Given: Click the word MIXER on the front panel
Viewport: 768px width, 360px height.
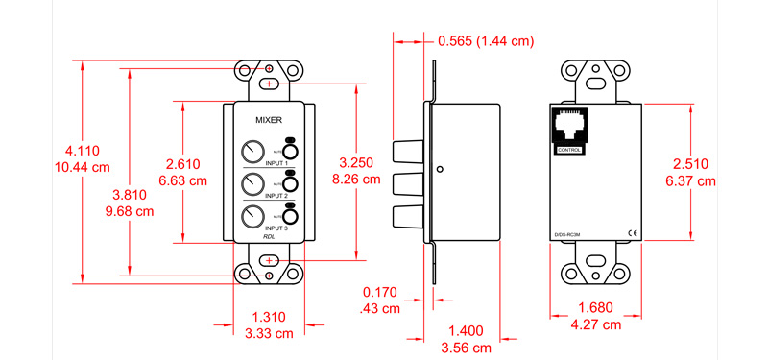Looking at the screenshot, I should point(269,120).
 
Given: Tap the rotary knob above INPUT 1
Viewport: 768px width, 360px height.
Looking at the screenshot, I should point(252,152).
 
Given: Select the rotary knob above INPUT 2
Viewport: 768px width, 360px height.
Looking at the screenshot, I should point(252,183).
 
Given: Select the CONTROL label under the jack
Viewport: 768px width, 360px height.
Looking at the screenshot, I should point(569,151).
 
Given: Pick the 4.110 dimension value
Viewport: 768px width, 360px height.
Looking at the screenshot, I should point(83,152).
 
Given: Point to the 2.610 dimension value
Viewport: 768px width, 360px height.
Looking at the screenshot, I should point(181,163).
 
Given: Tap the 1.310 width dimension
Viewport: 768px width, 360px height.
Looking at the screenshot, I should point(269,316).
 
